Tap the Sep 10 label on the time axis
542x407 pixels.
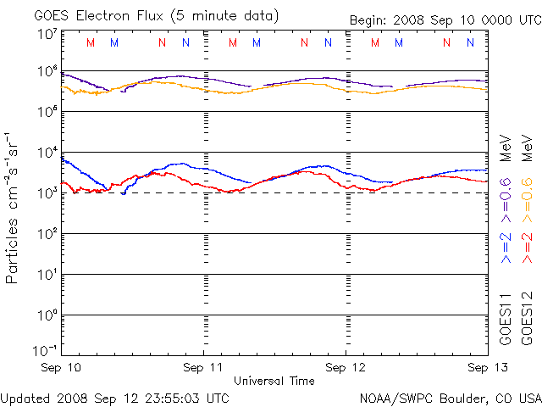pos(62,367)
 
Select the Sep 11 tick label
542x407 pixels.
pos(204,367)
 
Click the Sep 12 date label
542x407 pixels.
pos(346,367)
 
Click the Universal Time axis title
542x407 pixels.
pos(274,381)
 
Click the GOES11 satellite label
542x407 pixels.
pos(506,317)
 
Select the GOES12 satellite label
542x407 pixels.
pos(526,317)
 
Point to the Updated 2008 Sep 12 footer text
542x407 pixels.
pos(114,397)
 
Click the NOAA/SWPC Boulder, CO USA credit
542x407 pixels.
pos(450,397)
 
